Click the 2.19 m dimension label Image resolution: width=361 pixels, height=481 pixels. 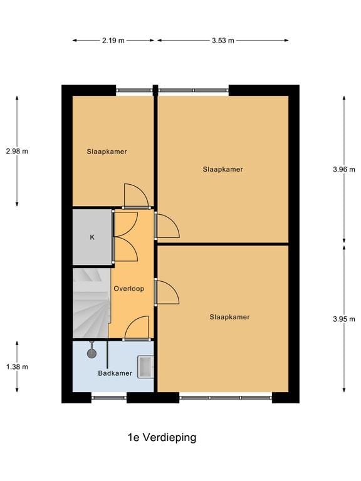[x=113, y=41]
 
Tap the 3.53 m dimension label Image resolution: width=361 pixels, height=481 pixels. [x=222, y=41]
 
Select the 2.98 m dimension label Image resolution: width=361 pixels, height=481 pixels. [x=17, y=151]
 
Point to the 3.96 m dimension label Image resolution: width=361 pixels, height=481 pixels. [x=343, y=168]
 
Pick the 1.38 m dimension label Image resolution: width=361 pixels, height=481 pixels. [x=17, y=367]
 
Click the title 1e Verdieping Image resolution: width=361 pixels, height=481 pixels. [x=162, y=437]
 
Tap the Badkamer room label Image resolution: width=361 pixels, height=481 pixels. [x=115, y=373]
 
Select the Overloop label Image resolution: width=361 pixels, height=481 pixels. [x=129, y=289]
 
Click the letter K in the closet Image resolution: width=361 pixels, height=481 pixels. [x=92, y=237]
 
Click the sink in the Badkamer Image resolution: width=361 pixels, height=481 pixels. [x=146, y=366]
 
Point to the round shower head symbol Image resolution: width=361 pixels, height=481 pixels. [x=92, y=353]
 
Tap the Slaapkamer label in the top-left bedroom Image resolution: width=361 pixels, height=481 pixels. [x=107, y=151]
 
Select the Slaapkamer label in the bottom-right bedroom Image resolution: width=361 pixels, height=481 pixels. [x=229, y=317]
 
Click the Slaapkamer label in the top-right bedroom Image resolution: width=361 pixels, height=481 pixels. [x=222, y=169]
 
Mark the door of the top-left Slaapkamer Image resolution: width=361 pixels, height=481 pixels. [x=135, y=195]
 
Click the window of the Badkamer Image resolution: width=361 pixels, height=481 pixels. [x=109, y=396]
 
